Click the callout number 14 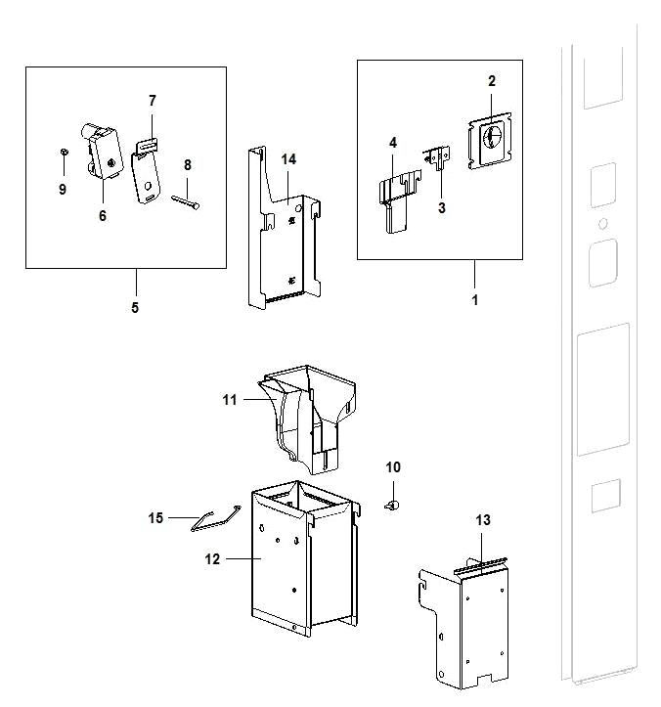coord(288,159)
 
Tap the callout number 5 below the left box coord(135,307)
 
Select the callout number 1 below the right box coord(474,300)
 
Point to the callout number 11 coord(230,400)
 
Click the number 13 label coord(483,520)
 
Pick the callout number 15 coord(155,518)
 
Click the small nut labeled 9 coord(64,153)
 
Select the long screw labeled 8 coord(186,201)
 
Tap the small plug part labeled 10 coord(393,505)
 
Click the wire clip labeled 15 coord(215,519)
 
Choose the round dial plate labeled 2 coord(490,140)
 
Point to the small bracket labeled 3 coord(438,156)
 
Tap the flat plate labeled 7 coord(146,172)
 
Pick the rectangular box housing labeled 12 coord(305,558)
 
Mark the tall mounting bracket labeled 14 coord(285,228)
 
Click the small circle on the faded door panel coord(603,223)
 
